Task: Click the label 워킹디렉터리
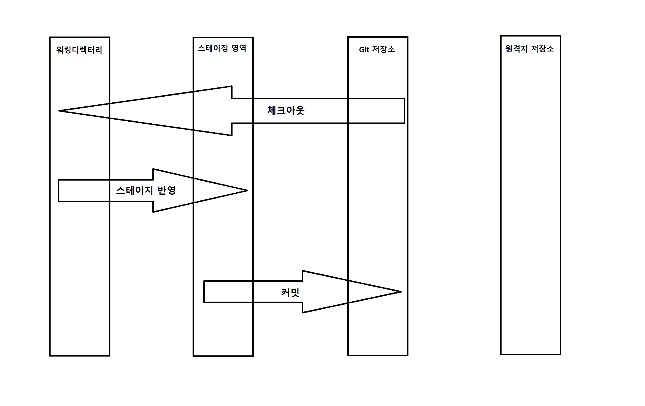(79, 50)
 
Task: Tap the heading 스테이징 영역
(222, 48)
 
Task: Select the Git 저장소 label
(377, 49)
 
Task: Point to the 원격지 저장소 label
(529, 49)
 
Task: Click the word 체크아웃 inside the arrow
(286, 111)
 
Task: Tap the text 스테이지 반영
(146, 190)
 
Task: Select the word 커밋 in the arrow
(290, 293)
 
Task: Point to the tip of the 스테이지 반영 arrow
(247, 190)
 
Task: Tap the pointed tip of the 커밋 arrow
(400, 292)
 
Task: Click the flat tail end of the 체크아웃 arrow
(404, 111)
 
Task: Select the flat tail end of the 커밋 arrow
(204, 292)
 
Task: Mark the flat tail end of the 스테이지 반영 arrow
(58, 191)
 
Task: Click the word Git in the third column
(364, 50)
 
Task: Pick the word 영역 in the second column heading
(239, 48)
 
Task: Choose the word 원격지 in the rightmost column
(517, 49)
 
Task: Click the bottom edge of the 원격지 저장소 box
(531, 354)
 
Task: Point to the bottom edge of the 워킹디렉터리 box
(80, 355)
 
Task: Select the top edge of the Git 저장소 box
(378, 37)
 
